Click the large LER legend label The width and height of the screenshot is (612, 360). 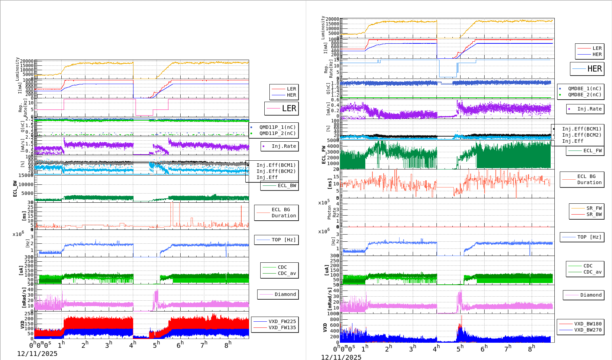click(x=289, y=108)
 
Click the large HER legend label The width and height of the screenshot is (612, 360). click(x=594, y=69)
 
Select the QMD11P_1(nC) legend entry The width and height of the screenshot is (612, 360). click(x=277, y=127)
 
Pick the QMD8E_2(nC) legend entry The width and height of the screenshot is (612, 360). click(x=585, y=95)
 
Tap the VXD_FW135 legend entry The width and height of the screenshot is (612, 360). click(x=282, y=327)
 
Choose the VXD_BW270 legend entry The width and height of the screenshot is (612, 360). click(x=588, y=330)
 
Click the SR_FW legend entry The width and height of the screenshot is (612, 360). click(x=594, y=208)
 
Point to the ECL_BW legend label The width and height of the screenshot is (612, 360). click(x=287, y=185)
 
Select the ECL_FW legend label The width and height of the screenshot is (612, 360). click(x=592, y=151)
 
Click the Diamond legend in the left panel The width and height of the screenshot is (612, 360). click(x=285, y=294)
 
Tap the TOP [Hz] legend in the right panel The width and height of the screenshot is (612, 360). click(x=589, y=237)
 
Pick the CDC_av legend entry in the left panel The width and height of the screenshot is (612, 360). click(x=287, y=273)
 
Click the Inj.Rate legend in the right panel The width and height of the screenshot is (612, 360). click(x=589, y=109)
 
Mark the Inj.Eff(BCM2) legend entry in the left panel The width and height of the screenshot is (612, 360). click(x=276, y=171)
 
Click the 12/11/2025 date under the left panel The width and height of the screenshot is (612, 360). click(x=37, y=354)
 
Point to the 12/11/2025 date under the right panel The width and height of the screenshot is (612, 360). click(x=341, y=357)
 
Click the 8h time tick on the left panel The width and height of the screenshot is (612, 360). click(x=228, y=344)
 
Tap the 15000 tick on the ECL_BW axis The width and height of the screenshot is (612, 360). click(x=26, y=175)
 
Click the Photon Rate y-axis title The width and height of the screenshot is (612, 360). click(x=332, y=213)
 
